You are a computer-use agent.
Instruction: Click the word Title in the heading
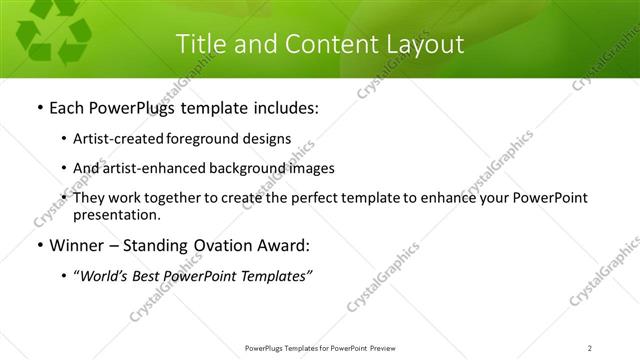pos(200,45)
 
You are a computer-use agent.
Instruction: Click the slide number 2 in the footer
pos(590,348)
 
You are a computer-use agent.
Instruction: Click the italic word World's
pos(107,277)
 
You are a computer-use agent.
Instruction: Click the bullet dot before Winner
pos(38,246)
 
